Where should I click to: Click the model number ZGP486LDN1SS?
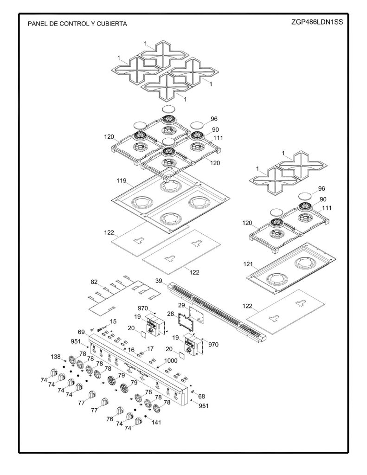tap(317, 22)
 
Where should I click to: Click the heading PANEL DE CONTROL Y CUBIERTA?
tap(77, 24)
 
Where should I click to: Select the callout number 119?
tap(121, 181)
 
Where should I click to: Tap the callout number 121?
tap(248, 264)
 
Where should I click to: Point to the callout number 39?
tap(159, 281)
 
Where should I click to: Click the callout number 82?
tap(94, 282)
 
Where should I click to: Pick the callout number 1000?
tap(171, 361)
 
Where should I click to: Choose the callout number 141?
tap(156, 422)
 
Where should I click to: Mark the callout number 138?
tap(56, 357)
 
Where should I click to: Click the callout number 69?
tap(81, 332)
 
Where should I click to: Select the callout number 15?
tap(113, 321)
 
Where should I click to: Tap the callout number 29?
tap(181, 305)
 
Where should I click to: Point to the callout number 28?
tap(171, 314)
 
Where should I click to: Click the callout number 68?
tap(201, 396)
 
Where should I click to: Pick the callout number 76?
tap(109, 419)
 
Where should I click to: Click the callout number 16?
tap(131, 350)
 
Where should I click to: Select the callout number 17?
tap(150, 349)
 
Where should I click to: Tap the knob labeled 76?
tap(119, 412)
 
